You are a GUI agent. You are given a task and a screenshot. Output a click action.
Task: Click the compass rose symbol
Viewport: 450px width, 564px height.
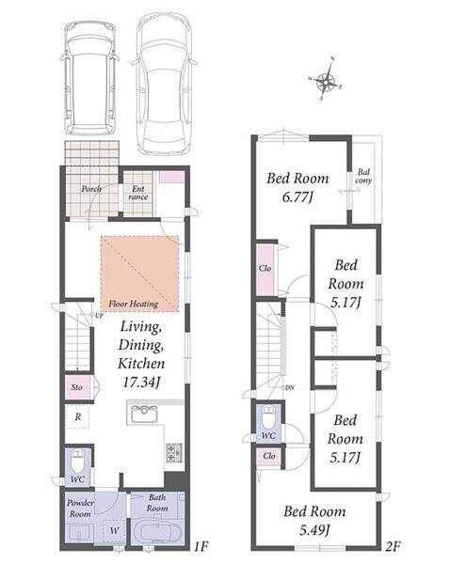[326, 81]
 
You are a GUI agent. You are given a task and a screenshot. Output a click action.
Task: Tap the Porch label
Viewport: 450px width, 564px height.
[91, 189]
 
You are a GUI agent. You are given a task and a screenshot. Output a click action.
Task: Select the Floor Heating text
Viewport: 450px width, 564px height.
[134, 304]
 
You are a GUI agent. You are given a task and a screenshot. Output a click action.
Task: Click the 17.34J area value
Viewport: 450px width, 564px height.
[141, 383]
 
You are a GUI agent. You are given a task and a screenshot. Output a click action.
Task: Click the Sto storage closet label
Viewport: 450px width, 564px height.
[77, 387]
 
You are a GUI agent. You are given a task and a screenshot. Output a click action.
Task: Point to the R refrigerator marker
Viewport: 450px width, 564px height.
[78, 416]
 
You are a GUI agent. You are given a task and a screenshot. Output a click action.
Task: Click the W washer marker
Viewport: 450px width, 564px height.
[115, 530]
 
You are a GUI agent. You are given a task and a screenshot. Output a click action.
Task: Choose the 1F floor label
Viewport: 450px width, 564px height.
[201, 547]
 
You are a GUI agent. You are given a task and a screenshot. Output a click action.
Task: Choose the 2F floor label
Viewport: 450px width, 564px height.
[393, 547]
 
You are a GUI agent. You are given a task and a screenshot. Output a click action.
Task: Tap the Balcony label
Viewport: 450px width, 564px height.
[363, 177]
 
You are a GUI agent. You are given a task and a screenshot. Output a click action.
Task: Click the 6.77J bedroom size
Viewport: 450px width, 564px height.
[297, 197]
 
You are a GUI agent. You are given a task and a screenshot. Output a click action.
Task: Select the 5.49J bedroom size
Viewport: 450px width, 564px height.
[314, 530]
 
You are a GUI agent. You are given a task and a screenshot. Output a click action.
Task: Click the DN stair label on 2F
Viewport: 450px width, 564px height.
[290, 387]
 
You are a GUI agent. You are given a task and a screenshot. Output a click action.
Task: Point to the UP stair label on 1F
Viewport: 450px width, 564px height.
[99, 316]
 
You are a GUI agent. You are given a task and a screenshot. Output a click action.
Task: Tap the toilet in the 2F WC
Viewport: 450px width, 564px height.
[268, 416]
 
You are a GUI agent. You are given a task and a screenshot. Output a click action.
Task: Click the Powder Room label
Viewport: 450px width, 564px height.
[80, 509]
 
